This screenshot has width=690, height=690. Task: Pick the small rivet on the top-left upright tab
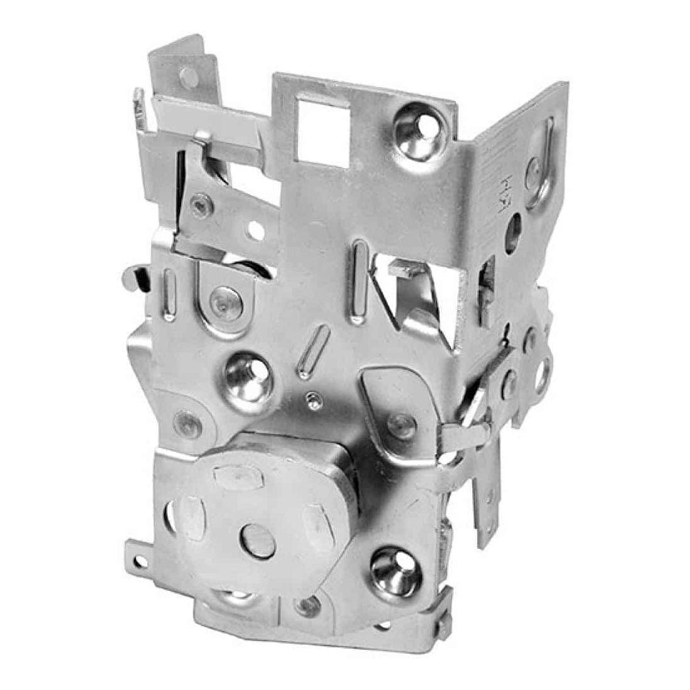[x=188, y=78]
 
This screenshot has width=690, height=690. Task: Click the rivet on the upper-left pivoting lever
[x=201, y=204]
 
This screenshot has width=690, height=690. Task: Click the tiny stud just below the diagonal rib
[x=311, y=400]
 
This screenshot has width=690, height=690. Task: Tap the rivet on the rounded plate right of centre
[x=398, y=423]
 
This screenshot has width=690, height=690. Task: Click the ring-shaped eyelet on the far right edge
[x=542, y=372]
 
